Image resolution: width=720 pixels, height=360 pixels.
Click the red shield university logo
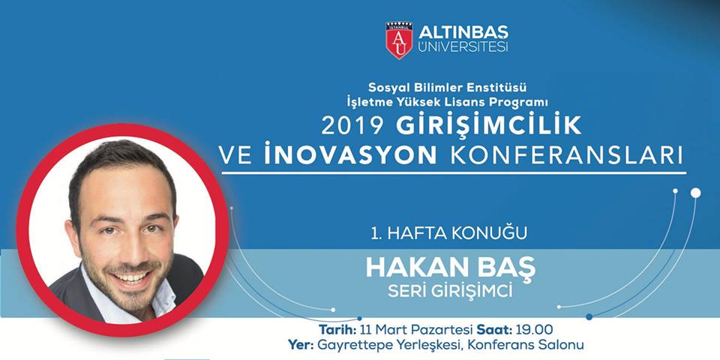[398, 40]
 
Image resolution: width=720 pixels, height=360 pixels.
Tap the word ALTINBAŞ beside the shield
[463, 32]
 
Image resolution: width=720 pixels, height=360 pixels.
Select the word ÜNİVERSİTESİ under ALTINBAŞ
[463, 47]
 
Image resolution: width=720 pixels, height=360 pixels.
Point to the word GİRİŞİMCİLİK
[489, 126]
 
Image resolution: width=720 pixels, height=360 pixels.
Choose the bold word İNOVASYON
[350, 156]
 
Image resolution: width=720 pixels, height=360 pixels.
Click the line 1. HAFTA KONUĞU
[448, 232]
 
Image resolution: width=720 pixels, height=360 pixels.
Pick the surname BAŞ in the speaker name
[508, 268]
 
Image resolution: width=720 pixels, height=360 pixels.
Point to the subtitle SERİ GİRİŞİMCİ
[450, 292]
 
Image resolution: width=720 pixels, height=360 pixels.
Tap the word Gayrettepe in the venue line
[349, 344]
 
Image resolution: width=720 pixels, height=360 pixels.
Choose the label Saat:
[493, 330]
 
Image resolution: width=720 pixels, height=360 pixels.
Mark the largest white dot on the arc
[696, 193]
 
